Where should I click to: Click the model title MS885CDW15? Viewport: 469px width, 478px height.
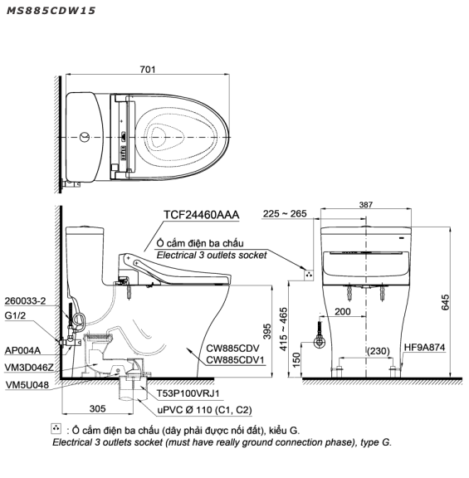(51, 11)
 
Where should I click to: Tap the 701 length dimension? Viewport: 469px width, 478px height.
(148, 70)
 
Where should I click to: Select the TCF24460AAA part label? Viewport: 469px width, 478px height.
(201, 215)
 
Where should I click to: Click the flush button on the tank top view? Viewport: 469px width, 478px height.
(85, 137)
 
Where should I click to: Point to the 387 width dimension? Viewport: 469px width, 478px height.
(365, 204)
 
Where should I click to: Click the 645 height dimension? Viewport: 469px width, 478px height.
(445, 302)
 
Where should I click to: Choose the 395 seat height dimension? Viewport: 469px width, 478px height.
(267, 331)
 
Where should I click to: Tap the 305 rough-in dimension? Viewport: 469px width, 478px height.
(98, 408)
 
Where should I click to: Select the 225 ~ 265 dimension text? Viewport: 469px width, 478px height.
(285, 214)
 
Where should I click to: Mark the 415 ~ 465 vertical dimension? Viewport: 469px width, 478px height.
(284, 329)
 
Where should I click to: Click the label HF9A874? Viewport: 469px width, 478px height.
(424, 347)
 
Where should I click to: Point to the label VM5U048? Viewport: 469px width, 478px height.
(27, 385)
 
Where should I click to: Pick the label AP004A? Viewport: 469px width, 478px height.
(22, 350)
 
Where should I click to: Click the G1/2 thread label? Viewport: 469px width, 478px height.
(15, 315)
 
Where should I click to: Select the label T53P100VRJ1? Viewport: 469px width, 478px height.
(188, 393)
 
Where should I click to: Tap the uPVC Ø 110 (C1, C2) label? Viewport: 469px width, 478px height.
(204, 410)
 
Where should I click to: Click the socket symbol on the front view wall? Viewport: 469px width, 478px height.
(309, 275)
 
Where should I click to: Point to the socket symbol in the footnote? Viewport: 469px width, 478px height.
(56, 428)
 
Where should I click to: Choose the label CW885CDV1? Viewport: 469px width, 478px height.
(235, 360)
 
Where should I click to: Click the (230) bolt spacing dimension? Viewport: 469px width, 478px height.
(379, 351)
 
